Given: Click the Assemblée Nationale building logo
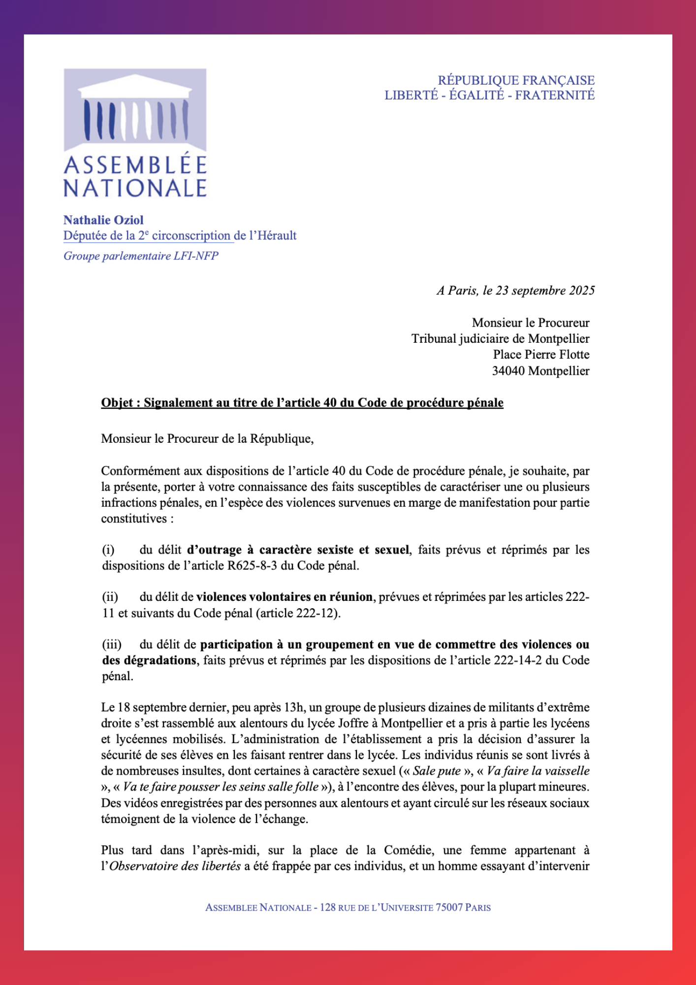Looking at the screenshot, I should tap(135, 109).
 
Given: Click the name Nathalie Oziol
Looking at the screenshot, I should tap(103, 220).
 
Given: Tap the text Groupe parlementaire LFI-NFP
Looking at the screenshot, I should tap(141, 256).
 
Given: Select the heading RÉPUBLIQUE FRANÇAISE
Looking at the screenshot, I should tap(516, 80).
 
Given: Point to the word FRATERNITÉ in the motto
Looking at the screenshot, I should tap(555, 95).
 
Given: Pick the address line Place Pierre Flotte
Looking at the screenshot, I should tap(541, 355).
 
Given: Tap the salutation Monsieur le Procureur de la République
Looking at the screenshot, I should tap(207, 438).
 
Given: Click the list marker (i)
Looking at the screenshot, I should tap(108, 550).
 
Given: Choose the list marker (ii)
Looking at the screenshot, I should tap(110, 597).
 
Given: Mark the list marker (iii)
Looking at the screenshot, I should tap(112, 644).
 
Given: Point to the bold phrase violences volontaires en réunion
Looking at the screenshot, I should tap(284, 597).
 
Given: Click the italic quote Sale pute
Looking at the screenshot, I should tap(437, 771).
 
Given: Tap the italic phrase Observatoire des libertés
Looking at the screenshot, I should tap(175, 866).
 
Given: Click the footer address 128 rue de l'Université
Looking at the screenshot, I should tap(376, 907).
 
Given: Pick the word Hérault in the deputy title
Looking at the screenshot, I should tap(277, 235).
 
